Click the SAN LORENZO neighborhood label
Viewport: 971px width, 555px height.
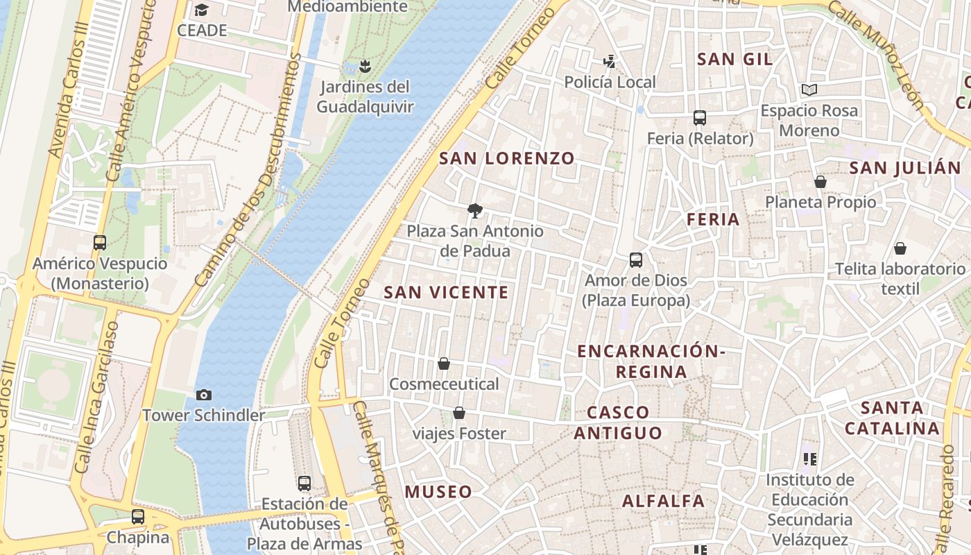(507, 158)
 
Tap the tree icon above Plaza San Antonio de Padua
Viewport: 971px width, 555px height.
(475, 210)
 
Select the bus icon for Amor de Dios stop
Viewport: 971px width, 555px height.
(636, 260)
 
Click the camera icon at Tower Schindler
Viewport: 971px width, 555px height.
(203, 395)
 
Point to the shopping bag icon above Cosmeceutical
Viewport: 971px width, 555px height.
(444, 364)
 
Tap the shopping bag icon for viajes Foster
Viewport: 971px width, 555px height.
(459, 413)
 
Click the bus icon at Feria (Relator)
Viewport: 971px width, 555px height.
(699, 118)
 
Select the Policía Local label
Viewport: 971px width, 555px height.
(610, 83)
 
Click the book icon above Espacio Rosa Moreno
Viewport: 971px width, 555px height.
(809, 89)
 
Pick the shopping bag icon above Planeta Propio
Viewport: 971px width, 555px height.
(820, 182)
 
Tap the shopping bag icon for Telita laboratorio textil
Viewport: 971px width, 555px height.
(900, 248)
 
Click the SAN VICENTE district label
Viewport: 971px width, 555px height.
(447, 293)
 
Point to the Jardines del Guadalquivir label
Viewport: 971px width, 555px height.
(365, 97)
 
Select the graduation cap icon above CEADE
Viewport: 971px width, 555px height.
(201, 10)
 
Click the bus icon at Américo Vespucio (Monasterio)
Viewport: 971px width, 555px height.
(100, 243)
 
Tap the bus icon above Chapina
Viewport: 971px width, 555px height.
(138, 517)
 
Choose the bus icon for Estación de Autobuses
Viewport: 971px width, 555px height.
(304, 484)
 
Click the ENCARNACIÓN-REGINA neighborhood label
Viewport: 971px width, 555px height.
(651, 361)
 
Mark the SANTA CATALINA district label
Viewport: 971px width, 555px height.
(892, 418)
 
